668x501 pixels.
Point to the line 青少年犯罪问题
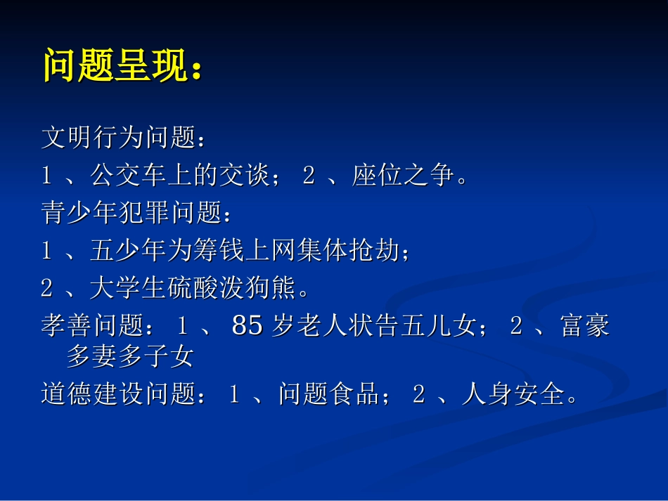coord(130,213)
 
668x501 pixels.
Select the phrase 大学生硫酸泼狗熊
coord(192,287)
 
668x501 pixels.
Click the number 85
coord(247,325)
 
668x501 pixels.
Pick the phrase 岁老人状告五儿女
coord(373,325)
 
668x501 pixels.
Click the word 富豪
coord(585,325)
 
